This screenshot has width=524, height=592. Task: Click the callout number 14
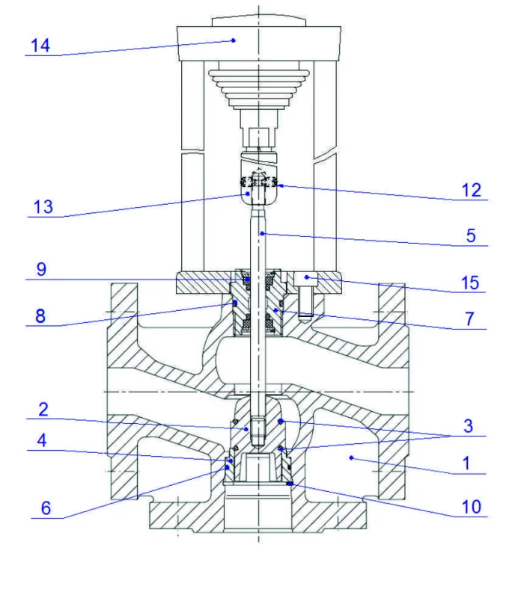(40, 46)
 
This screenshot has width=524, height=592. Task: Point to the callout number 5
(471, 236)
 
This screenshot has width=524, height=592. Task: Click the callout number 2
(43, 409)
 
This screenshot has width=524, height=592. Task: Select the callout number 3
(469, 426)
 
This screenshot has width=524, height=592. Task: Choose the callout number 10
(469, 507)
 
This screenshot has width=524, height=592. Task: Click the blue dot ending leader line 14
(234, 40)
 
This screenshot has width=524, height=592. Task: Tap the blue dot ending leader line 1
(350, 455)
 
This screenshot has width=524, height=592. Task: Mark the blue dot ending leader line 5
(261, 233)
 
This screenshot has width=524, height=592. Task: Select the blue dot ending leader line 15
(307, 278)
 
